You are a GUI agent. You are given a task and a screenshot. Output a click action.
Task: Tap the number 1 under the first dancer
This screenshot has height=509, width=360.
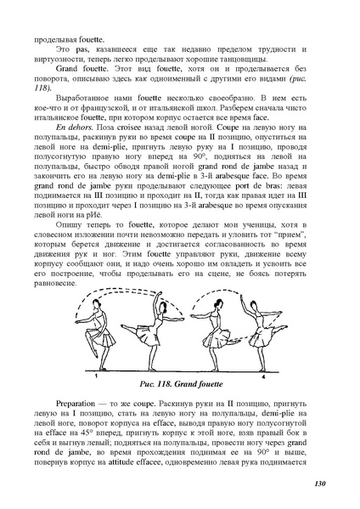pos(98,350)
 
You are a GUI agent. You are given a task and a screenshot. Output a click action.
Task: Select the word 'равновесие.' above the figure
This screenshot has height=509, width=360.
pos(57,275)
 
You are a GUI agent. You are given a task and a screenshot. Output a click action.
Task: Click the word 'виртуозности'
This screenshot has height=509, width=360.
pos(60,65)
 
